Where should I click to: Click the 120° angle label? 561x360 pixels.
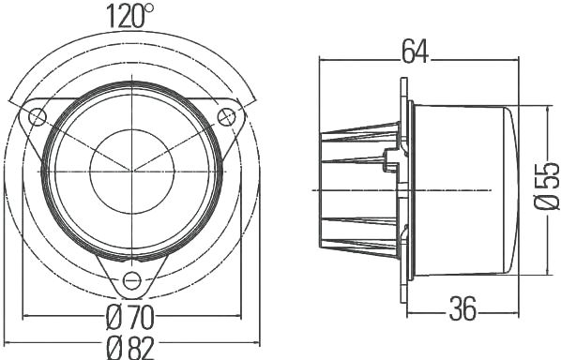tap(129, 16)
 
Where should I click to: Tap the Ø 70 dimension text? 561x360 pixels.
tap(130, 318)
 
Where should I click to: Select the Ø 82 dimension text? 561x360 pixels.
tap(130, 348)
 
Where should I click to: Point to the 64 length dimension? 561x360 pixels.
tap(415, 52)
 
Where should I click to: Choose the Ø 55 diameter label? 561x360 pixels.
tap(547, 186)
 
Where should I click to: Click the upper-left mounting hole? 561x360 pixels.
tap(38, 117)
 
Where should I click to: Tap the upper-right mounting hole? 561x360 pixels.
tap(226, 117)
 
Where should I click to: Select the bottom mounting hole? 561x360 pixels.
tap(132, 280)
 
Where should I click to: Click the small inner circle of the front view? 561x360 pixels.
tap(132, 172)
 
